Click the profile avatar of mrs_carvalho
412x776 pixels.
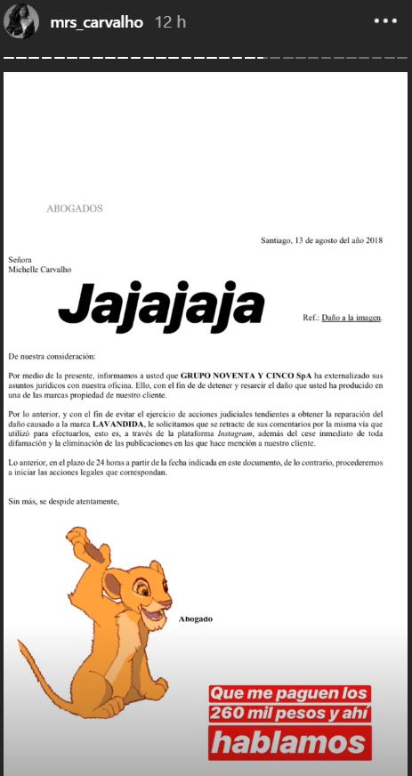[20, 21]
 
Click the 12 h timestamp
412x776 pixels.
[169, 21]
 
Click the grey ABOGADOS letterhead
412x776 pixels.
[75, 208]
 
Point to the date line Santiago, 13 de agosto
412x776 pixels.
[321, 240]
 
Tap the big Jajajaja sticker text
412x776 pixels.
[161, 304]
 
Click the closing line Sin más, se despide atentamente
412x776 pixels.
[62, 502]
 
